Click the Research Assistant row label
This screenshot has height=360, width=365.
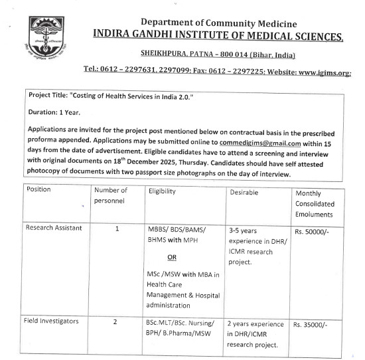54,228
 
